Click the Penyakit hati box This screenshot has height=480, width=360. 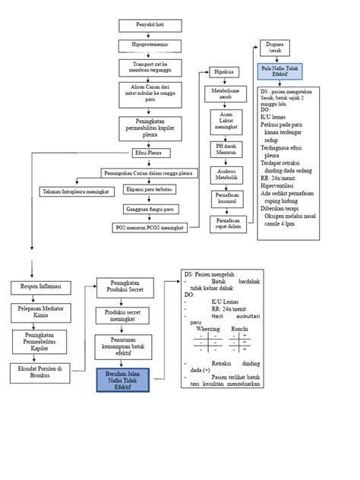(150, 25)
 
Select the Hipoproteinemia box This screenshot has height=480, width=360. (150, 45)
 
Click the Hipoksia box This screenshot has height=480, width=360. (224, 72)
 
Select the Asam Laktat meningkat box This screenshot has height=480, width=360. (226, 122)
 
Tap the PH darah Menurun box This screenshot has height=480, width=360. (226, 149)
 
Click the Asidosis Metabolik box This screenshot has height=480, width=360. (226, 174)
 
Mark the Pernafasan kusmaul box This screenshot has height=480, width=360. (226, 198)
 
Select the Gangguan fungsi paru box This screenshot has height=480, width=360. (151, 209)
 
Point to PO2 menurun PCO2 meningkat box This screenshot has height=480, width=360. (151, 227)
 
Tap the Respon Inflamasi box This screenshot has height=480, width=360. (39, 287)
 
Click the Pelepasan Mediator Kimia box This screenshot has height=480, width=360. (39, 312)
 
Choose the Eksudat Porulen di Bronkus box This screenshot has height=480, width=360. (39, 371)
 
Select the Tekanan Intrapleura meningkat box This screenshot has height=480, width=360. (75, 191)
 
